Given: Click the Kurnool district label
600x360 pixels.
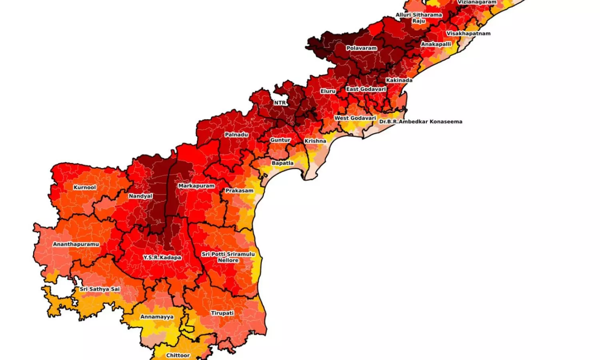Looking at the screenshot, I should (85, 187).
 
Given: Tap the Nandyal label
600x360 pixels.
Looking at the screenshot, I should (140, 196).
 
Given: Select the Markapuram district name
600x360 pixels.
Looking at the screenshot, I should (196, 186).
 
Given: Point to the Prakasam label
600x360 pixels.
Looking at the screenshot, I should (239, 190).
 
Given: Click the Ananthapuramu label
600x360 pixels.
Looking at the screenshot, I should (76, 244).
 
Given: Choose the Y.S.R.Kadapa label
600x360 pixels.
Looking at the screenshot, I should (162, 257).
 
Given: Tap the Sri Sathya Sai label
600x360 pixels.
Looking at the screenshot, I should (100, 289).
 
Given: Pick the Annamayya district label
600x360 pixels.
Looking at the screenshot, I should (157, 317).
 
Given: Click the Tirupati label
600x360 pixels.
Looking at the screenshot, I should (222, 313).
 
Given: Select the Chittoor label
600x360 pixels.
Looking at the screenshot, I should (178, 355).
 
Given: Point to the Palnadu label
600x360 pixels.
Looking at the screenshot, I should (236, 134).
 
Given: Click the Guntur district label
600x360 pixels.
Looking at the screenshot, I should (280, 140).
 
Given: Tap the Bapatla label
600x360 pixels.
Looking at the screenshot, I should (282, 163).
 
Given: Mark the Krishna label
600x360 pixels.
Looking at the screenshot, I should (315, 141).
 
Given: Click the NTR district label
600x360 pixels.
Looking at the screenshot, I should (280, 103).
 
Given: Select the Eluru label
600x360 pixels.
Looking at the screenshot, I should (328, 91).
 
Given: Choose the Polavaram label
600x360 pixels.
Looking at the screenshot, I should (362, 48).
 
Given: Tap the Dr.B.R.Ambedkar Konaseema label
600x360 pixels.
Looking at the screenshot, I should (420, 121).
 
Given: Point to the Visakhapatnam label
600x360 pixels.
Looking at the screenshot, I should (468, 34).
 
